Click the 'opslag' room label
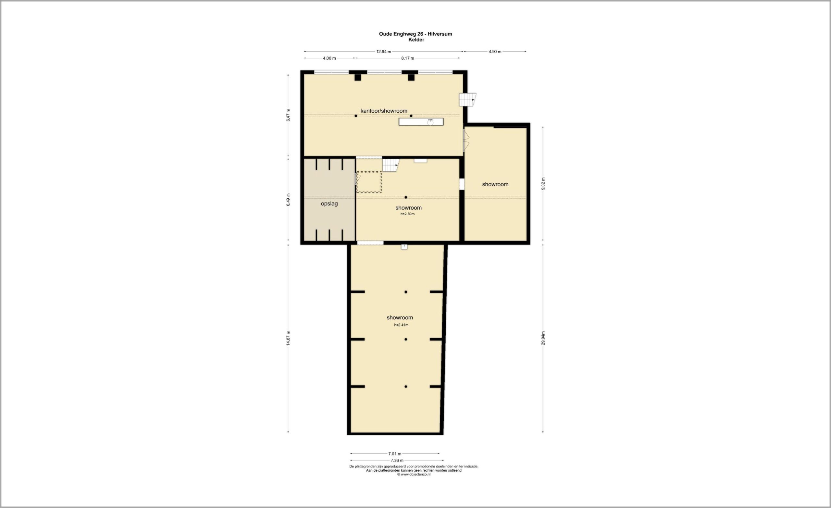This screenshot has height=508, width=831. coord(329,204)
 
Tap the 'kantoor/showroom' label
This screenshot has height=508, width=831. coord(384,111)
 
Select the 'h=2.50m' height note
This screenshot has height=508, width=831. coord(407,214)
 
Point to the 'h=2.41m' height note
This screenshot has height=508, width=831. coord(401,325)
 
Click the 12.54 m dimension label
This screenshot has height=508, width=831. coord(384,52)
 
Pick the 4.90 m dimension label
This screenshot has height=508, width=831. coord(495,52)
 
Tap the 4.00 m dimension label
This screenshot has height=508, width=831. coord(329,58)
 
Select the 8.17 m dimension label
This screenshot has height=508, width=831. coord(407,58)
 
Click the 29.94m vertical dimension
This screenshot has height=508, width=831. coord(543,338)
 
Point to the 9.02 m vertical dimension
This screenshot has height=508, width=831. coord(543,183)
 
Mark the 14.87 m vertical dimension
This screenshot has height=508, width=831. coord(288,338)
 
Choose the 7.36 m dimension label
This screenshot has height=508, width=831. coord(397,460)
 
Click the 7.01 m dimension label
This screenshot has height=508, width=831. coord(395,454)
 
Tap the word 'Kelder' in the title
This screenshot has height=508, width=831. coord(416,40)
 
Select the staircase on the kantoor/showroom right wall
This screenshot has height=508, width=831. coord(467,100)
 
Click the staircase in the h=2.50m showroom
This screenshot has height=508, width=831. coord(391,165)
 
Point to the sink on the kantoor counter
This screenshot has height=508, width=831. coord(430,122)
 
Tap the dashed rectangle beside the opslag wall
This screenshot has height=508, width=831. coord(369,182)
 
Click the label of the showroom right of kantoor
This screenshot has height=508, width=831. coord(495,184)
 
